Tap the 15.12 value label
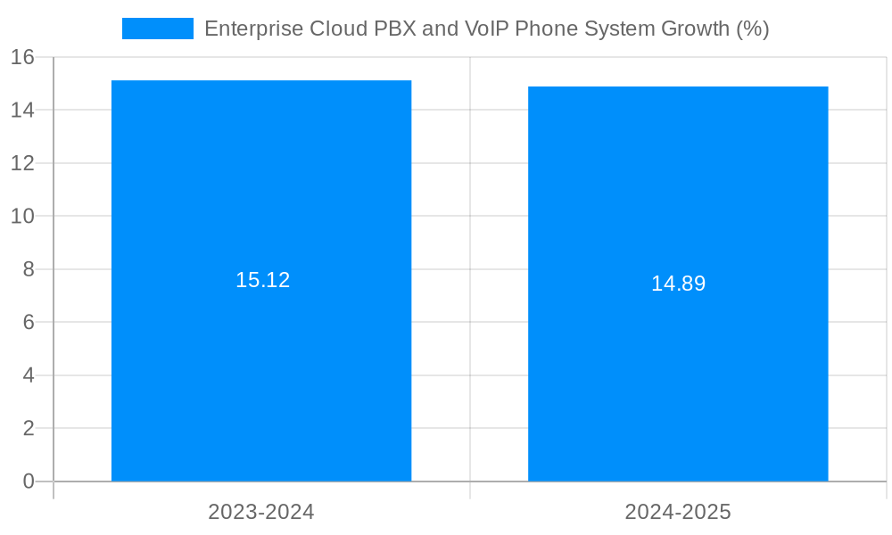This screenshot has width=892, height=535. pyautogui.click(x=262, y=280)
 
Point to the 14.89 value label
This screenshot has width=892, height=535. pyautogui.click(x=678, y=284)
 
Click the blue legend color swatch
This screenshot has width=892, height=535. pyautogui.click(x=158, y=29)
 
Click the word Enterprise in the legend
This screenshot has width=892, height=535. pyautogui.click(x=253, y=29)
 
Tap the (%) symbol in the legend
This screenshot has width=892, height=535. pyautogui.click(x=752, y=29)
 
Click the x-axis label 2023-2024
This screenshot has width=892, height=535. pyautogui.click(x=261, y=512)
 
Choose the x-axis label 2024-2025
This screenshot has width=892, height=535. pyautogui.click(x=678, y=512)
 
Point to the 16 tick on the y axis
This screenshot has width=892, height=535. pyautogui.click(x=22, y=58)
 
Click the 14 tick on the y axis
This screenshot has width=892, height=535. pyautogui.click(x=22, y=111)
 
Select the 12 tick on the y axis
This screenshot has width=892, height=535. pyautogui.click(x=22, y=163)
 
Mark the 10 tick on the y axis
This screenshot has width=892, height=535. pyautogui.click(x=22, y=217)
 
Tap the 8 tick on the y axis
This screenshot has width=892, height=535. pyautogui.click(x=28, y=269)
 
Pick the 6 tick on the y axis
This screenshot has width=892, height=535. pyautogui.click(x=28, y=323)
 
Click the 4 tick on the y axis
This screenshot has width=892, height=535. pyautogui.click(x=28, y=375)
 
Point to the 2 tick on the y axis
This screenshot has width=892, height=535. pyautogui.click(x=28, y=429)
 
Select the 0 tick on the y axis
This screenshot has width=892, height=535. pyautogui.click(x=28, y=481)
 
